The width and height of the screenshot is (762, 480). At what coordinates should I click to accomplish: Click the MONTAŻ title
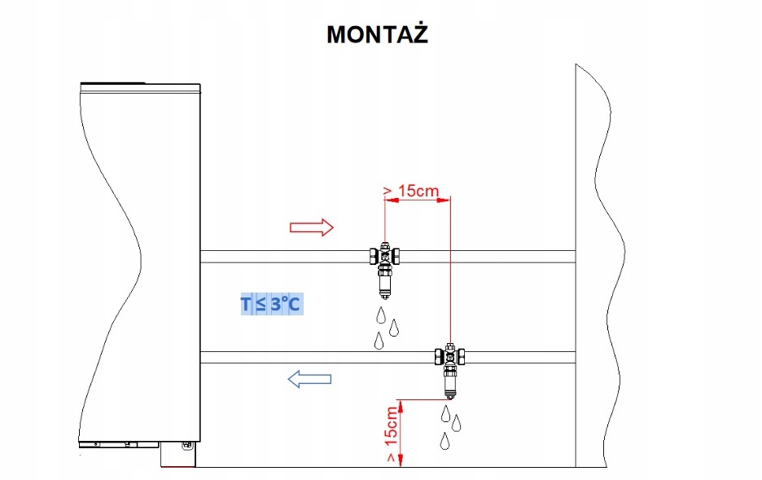(x=377, y=34)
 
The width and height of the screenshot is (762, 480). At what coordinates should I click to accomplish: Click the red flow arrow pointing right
(x=312, y=227)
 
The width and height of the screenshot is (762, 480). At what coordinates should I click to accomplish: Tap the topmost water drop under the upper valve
(x=382, y=315)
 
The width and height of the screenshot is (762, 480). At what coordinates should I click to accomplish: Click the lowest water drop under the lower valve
(x=444, y=443)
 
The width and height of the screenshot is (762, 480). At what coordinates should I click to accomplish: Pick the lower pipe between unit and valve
(x=317, y=356)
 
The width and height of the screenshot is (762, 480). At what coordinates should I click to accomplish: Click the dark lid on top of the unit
(x=113, y=82)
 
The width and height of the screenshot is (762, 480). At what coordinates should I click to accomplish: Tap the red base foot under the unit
(x=178, y=463)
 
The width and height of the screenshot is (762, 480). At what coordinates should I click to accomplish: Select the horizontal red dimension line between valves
(x=417, y=205)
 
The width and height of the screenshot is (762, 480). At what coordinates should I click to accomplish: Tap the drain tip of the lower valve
(x=450, y=393)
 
